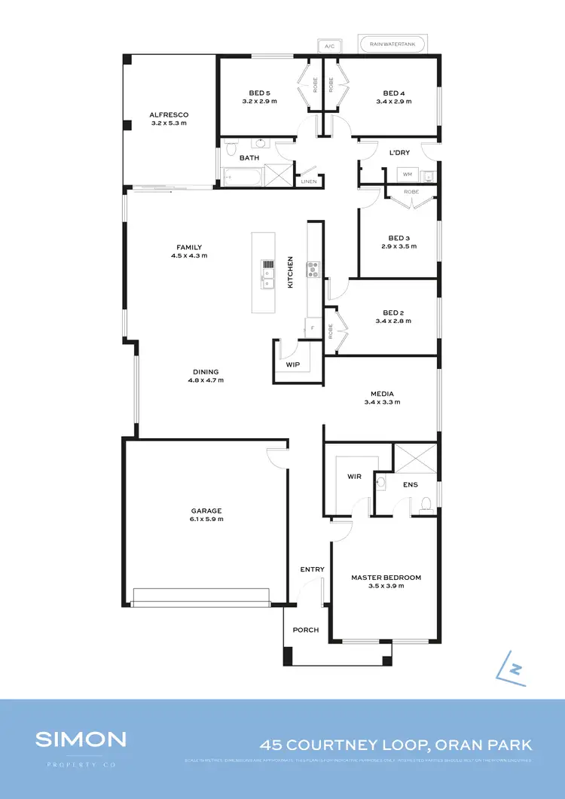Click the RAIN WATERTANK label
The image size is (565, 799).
pyautogui.click(x=392, y=45)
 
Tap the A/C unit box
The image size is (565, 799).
pyautogui.click(x=328, y=46)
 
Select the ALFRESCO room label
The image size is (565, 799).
pyautogui.click(x=169, y=115)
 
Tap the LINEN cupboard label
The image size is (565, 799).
pyautogui.click(x=309, y=181)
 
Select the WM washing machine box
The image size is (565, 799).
pyautogui.click(x=408, y=175)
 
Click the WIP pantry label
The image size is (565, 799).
pyautogui.click(x=293, y=364)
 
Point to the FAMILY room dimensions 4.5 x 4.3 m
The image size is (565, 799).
pyautogui.click(x=189, y=256)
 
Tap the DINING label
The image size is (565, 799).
pyautogui.click(x=206, y=371)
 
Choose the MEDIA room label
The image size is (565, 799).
pyautogui.click(x=382, y=394)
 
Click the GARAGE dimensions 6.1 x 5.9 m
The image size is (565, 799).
pyautogui.click(x=206, y=520)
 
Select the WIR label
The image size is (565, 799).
pyautogui.click(x=354, y=477)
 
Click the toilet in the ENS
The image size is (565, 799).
pyautogui.click(x=426, y=503)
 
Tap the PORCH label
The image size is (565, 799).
pyautogui.click(x=306, y=630)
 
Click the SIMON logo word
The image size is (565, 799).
pyautogui.click(x=81, y=739)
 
